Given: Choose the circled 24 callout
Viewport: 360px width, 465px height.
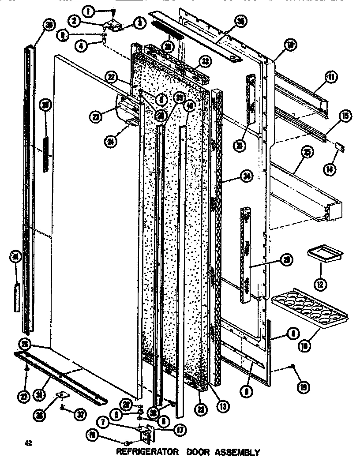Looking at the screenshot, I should click(x=110, y=142).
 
